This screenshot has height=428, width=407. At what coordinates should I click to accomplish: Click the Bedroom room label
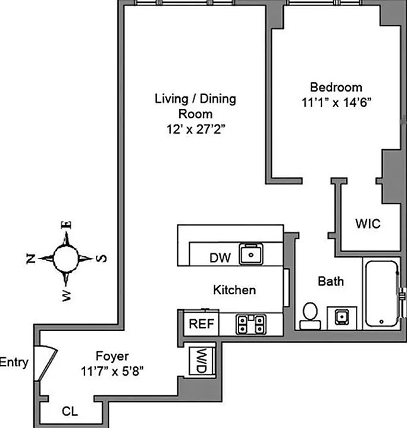[x=331, y=87]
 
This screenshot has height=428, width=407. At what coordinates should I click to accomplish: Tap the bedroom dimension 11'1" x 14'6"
[x=336, y=102]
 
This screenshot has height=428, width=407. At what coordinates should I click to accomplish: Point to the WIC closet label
[x=368, y=224]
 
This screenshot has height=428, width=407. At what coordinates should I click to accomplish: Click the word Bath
[x=330, y=281]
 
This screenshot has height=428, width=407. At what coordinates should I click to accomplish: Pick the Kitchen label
[x=234, y=290]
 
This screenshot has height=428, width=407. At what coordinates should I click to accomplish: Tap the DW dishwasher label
[x=219, y=258]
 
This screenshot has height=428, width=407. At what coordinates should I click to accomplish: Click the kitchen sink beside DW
[x=252, y=254]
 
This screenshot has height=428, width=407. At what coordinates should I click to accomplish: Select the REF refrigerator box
[x=201, y=324]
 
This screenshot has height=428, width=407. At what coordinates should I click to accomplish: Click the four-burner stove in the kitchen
[x=251, y=324]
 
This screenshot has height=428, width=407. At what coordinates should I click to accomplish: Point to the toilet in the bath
[x=309, y=316]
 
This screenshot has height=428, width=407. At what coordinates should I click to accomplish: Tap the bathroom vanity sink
[x=342, y=317]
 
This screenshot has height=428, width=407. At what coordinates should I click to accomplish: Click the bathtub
[x=381, y=292]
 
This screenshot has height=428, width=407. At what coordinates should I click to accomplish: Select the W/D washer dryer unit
[x=198, y=360]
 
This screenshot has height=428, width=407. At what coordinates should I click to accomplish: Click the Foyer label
[x=112, y=357]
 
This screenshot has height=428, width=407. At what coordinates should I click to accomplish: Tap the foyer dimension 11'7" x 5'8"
[x=112, y=372]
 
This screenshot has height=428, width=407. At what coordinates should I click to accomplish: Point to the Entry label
[x=14, y=362]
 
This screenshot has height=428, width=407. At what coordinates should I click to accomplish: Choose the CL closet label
[x=70, y=411]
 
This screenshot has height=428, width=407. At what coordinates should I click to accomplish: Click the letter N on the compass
[x=31, y=257]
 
